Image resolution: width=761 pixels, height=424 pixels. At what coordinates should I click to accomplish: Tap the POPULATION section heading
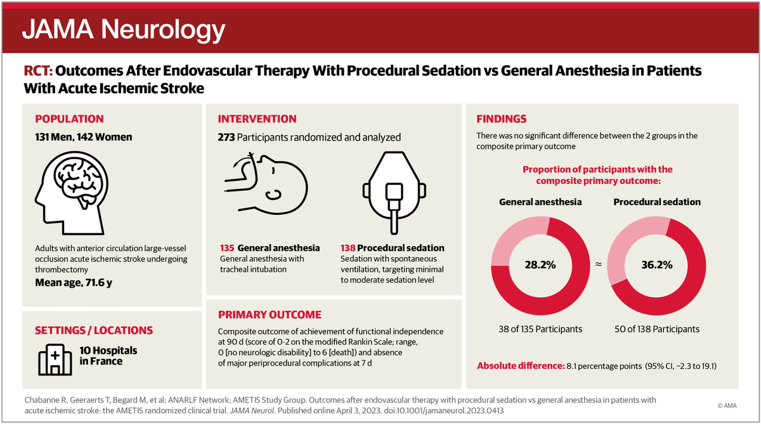pos(69,119)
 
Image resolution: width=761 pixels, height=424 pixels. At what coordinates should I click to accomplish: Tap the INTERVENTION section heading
pos(257,119)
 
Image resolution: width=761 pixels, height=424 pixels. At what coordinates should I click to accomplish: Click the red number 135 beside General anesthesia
pos(227,247)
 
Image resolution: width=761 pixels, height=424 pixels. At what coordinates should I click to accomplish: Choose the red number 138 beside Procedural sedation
pos(349,247)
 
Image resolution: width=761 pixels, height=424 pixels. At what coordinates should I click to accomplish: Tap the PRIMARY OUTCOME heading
pos(270,315)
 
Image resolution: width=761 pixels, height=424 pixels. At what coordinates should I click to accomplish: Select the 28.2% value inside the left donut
pos(541,265)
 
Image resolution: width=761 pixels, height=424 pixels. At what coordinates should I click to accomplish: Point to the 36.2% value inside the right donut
pos(657,265)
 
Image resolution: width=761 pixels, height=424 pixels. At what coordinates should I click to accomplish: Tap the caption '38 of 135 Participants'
pos(540,329)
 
